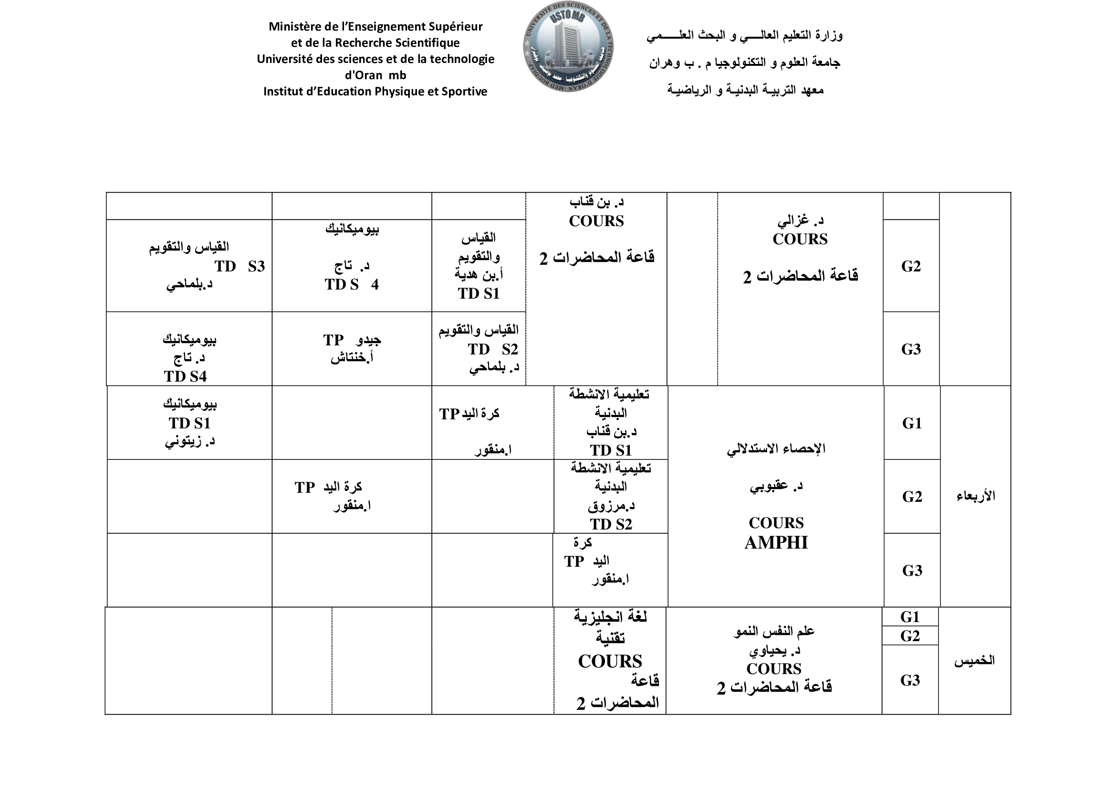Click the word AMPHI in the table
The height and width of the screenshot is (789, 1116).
pos(776,543)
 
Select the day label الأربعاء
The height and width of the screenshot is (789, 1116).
pos(976,496)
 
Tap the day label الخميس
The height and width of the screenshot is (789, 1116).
pos(974,661)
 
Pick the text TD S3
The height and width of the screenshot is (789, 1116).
pos(240,266)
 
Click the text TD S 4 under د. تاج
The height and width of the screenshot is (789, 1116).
pos(352,285)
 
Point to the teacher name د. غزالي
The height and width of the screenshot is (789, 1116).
pos(800,220)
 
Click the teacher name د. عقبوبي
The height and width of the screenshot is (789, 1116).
pos(776,486)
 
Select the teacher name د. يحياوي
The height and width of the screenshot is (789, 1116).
pos(774,650)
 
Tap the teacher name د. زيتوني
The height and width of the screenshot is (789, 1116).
pos(189,442)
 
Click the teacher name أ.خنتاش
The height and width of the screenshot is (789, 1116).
pos(352,359)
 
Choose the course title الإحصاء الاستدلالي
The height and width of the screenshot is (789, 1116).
pos(776,449)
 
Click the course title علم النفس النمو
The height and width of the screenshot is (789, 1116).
pos(774,632)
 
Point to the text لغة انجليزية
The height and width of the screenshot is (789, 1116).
pos(611,617)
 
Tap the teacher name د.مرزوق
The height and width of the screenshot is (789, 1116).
pos(611,506)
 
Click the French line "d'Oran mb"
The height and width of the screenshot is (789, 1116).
pos(375,75)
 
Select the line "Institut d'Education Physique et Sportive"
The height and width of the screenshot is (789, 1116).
pos(375,92)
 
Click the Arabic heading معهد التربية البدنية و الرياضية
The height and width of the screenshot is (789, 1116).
pos(745,90)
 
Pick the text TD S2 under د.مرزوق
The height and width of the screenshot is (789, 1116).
pos(611,525)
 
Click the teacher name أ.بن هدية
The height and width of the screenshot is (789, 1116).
pos(479,275)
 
